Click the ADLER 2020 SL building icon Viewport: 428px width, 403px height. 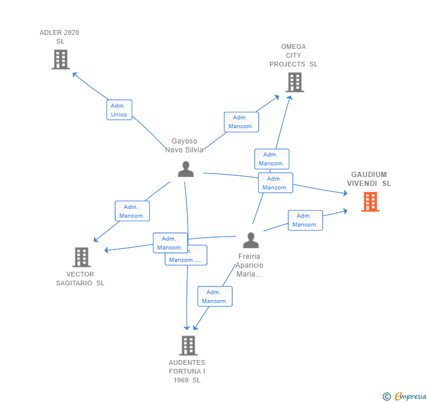coord(61,59)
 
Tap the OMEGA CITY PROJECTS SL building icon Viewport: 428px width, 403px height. coord(295,82)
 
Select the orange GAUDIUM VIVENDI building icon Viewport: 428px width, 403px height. coord(370,202)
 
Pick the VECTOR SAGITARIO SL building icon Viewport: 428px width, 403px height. coord(81,257)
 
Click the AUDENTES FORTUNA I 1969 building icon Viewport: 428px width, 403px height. coord(188,345)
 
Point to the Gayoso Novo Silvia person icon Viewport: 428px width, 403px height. coord(186,169)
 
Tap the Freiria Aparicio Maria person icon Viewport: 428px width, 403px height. coord(251,241)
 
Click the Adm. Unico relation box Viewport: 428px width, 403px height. coord(119,110)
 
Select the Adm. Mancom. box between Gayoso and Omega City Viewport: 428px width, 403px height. coord(241,122)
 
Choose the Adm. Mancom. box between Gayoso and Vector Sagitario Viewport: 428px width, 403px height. coord(132,211)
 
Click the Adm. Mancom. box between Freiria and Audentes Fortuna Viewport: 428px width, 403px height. coord(215,297)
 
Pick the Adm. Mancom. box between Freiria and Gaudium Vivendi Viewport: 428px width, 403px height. coord(305,220)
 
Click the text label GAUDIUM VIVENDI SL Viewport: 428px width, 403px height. coord(369,179)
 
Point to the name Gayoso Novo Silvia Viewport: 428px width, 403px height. coord(184,145)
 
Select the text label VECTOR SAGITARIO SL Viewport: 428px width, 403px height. coord(81,278)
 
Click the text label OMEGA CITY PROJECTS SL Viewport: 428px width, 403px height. coord(293,55)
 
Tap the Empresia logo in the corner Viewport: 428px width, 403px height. coord(404,396)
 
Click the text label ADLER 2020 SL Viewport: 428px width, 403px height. coord(59,36)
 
